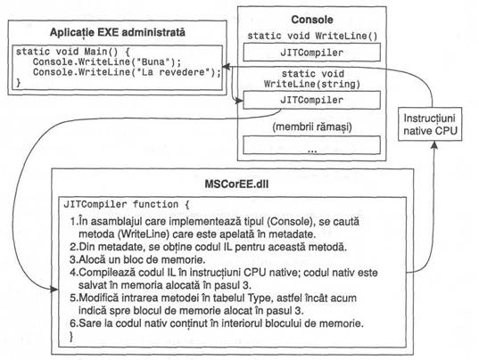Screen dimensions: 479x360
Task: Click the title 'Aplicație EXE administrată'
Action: tap(118, 32)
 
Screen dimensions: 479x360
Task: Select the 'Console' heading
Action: tap(312, 20)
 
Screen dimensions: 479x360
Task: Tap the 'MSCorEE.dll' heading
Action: tap(236, 184)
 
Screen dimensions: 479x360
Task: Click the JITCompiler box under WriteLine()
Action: tap(311, 53)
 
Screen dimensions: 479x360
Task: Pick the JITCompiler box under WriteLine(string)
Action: tap(311, 100)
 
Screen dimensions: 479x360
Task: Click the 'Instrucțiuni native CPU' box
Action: tap(430, 124)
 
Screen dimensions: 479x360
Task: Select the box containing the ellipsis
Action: tap(311, 145)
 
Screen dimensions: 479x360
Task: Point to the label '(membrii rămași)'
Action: tap(312, 127)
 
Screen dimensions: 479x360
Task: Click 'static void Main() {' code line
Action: tap(73, 52)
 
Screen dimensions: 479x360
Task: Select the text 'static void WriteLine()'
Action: tap(312, 36)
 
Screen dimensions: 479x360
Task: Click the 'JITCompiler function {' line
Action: tap(127, 204)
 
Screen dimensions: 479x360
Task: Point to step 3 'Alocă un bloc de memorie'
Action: tap(137, 259)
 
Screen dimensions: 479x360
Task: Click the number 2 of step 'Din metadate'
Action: tap(73, 247)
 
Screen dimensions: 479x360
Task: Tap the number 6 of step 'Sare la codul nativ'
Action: tap(73, 323)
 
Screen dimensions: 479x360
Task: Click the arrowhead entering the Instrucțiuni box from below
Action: tap(434, 145)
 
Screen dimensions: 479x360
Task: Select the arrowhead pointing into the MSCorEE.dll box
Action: tap(54, 289)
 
